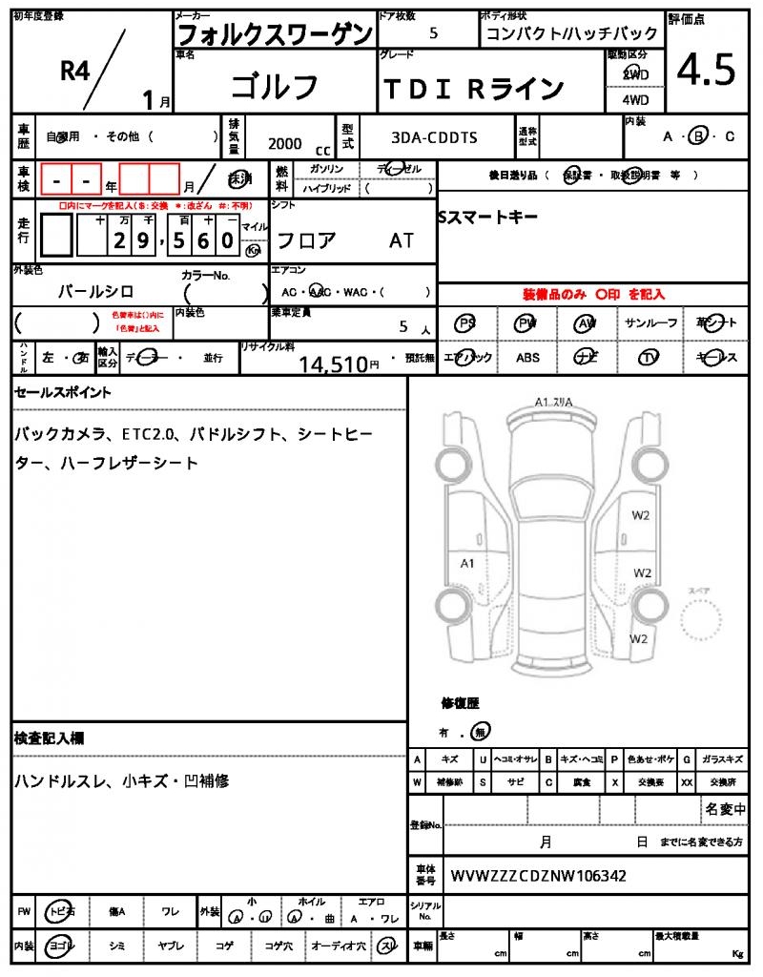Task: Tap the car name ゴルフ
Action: pyautogui.click(x=276, y=86)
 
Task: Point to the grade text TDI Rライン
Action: pyautogui.click(x=474, y=89)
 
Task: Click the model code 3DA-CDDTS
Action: pyautogui.click(x=434, y=138)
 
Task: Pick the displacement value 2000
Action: pyautogui.click(x=285, y=143)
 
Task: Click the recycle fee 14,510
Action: pyautogui.click(x=333, y=364)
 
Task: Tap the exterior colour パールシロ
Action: pyautogui.click(x=95, y=291)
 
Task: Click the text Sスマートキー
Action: pyautogui.click(x=487, y=218)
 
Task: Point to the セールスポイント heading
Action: pyautogui.click(x=62, y=392)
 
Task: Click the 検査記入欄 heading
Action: pyautogui.click(x=49, y=738)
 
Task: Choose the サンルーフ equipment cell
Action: pyautogui.click(x=651, y=323)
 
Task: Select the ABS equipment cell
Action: pyautogui.click(x=527, y=358)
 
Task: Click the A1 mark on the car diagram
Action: pyautogui.click(x=467, y=563)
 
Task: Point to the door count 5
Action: pyautogui.click(x=434, y=33)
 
